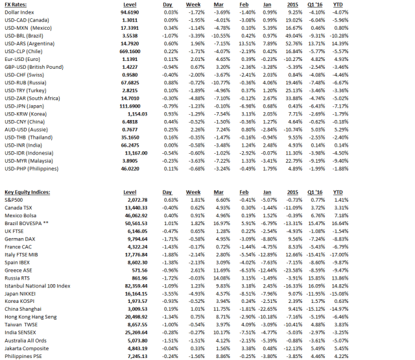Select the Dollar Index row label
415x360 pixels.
[x=19, y=12]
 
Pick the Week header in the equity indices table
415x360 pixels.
[x=193, y=193]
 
